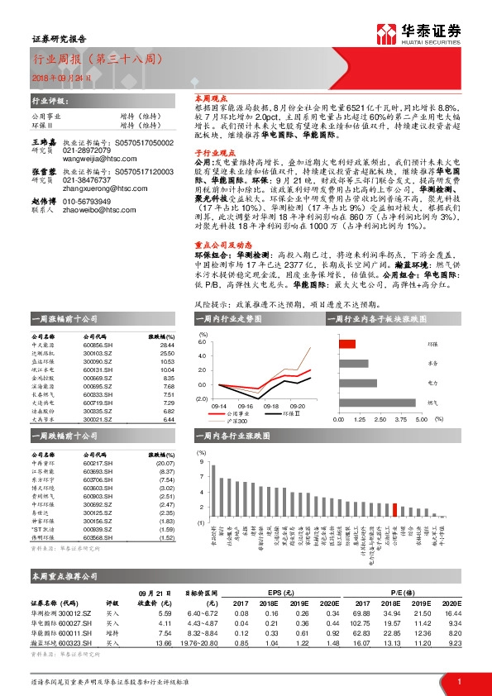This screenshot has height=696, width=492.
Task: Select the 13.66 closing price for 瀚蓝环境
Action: point(163,641)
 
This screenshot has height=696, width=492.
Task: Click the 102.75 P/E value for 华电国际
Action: point(360,623)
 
